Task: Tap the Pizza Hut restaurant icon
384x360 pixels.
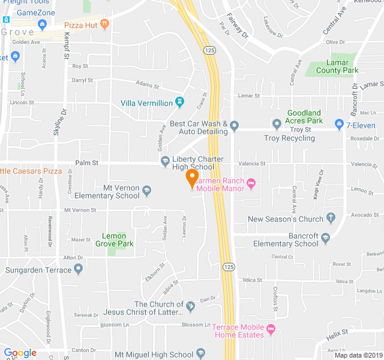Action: tap(105, 24)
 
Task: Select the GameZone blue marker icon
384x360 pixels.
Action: tap(42, 24)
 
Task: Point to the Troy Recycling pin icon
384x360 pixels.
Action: tap(277, 125)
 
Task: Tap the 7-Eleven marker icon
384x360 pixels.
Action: tap(339, 125)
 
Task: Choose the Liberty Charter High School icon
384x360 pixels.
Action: tap(165, 161)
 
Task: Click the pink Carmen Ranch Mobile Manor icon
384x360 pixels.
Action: tap(251, 182)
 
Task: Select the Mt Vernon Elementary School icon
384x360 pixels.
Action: tap(147, 191)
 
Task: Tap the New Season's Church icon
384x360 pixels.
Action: tap(331, 218)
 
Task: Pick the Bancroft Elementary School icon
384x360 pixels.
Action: tap(326, 238)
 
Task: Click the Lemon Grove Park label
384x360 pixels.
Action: tap(114, 240)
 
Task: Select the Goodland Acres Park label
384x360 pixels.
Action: tap(304, 116)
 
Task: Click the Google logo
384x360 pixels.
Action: tap(20, 353)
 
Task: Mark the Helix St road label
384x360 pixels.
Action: tap(337, 332)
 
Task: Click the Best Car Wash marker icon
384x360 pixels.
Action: tap(235, 126)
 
